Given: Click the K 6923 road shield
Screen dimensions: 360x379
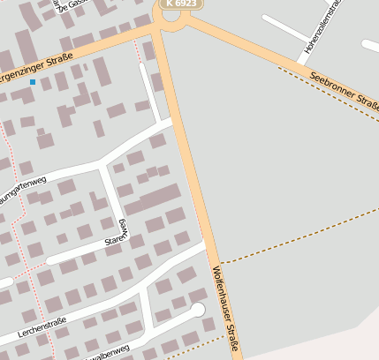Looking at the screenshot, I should click(x=182, y=4).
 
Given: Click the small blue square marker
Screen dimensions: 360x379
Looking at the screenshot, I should click(x=33, y=82).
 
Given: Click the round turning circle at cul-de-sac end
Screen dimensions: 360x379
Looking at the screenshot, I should click(x=197, y=310).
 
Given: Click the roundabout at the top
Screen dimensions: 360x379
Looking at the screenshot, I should click(x=172, y=16).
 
